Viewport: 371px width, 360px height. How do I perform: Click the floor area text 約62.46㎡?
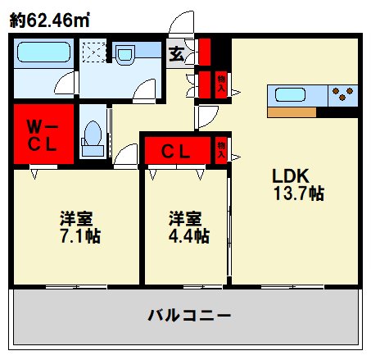(50, 19)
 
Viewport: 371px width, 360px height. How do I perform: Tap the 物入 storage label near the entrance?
(220, 83)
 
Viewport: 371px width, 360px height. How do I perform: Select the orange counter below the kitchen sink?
(291, 111)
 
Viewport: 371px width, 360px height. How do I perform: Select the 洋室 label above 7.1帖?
(75, 218)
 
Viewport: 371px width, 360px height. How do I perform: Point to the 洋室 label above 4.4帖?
(185, 218)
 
